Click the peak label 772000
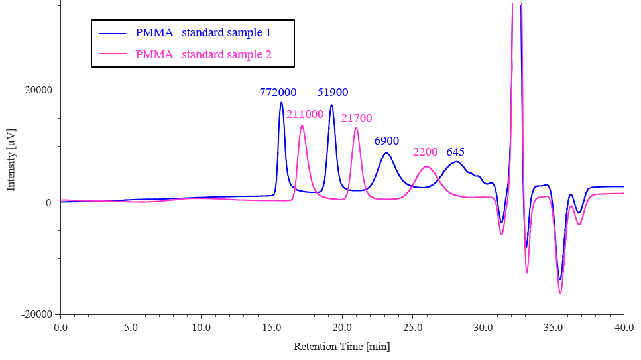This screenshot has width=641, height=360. (x=278, y=93)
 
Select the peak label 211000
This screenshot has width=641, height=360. (x=305, y=114)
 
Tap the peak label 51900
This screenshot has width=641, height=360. (x=333, y=93)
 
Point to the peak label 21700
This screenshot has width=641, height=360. (x=357, y=119)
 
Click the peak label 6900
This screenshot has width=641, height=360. (x=386, y=141)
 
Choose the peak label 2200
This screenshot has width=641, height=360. (x=426, y=152)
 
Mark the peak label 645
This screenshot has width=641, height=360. (x=455, y=152)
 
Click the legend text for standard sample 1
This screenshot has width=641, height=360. (x=203, y=32)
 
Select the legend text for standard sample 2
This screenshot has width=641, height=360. (x=203, y=54)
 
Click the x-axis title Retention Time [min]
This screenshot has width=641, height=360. (x=341, y=347)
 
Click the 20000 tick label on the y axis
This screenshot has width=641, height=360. (x=40, y=90)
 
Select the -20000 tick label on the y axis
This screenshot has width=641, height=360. (x=38, y=314)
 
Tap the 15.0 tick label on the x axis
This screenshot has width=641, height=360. (x=272, y=328)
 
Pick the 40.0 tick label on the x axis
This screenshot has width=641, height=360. (x=624, y=328)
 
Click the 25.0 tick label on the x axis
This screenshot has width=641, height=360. (x=412, y=328)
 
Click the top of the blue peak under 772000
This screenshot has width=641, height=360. (x=281, y=103)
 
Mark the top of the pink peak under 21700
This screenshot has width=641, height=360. (x=356, y=128)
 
